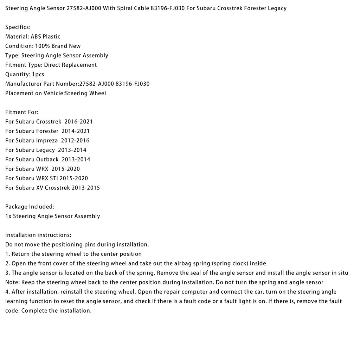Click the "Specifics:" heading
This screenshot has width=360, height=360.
coord(18,27)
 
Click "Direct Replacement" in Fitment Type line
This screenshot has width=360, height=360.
coord(70,65)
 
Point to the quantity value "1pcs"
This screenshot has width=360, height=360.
coord(38,75)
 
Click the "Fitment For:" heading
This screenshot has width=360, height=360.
coord(22,112)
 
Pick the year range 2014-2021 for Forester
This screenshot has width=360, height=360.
coord(76,131)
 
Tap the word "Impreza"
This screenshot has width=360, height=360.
coord(47,141)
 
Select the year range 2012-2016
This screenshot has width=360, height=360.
coord(75,141)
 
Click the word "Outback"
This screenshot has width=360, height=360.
coord(47,160)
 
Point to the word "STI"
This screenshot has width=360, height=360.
coord(64,178)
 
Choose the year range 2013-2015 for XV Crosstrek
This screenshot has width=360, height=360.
coord(86,188)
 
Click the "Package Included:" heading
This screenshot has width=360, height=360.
coord(30,207)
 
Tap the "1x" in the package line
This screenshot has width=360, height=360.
coord(8,216)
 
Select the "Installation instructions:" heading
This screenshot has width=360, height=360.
coord(38,235)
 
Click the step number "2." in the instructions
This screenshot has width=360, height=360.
coord(7,263)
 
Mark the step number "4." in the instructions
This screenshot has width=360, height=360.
coord(8,292)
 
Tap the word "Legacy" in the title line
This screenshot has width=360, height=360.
coord(276,8)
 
